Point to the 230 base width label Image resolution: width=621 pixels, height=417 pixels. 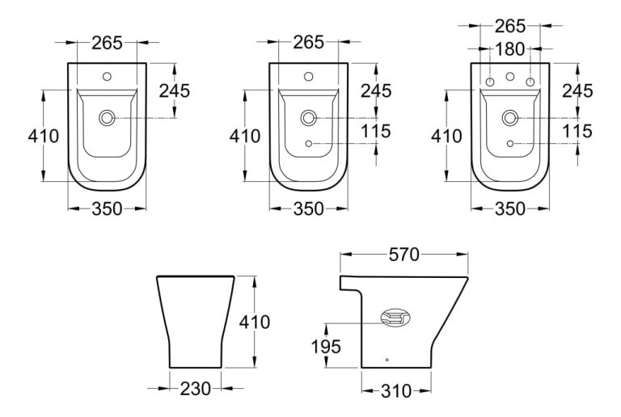pos(195,390)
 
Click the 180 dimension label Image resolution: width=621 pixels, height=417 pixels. pos(508,50)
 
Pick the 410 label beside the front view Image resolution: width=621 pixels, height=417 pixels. pos(254,322)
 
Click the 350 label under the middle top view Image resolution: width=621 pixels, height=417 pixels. pos(307,209)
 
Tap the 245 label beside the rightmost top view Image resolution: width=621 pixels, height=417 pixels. pos(577,91)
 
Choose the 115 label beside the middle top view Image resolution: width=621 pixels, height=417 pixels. pos(375,131)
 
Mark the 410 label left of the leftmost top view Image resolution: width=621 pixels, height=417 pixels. pos(43,136)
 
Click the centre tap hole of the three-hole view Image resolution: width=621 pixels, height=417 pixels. pos(509,79)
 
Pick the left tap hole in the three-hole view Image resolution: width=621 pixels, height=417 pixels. pos(489,83)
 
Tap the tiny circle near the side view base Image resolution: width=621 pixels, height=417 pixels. pos(387,359)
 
